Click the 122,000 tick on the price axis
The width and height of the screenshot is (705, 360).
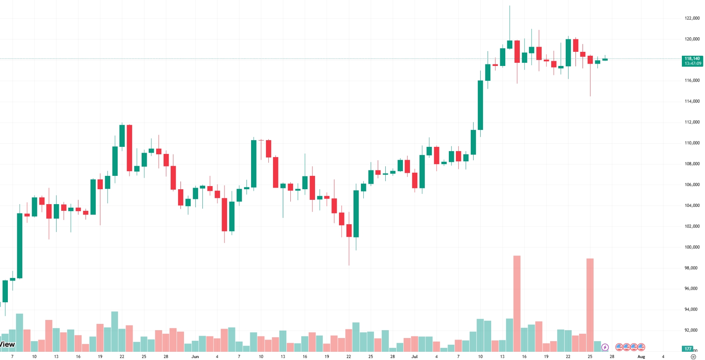692,18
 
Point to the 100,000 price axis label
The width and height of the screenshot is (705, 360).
692,247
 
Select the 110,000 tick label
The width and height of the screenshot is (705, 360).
692,143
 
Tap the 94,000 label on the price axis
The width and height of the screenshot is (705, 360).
692,309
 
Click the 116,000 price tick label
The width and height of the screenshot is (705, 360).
692,80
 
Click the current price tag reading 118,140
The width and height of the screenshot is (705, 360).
692,58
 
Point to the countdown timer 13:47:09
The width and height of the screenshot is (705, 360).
692,64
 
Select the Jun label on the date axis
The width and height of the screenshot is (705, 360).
195,356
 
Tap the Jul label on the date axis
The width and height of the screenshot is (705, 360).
414,356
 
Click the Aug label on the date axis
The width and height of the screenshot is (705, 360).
641,356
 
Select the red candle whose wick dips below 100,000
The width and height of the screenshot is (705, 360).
349,230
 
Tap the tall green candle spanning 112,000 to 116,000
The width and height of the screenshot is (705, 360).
480,105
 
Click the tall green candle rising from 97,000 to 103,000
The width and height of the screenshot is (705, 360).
20,245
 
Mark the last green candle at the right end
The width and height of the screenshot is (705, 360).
605,60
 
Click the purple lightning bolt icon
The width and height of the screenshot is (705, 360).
605,347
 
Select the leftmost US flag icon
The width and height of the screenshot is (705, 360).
619,347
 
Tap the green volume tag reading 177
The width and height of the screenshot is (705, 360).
688,349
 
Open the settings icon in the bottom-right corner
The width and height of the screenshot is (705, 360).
693,356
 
